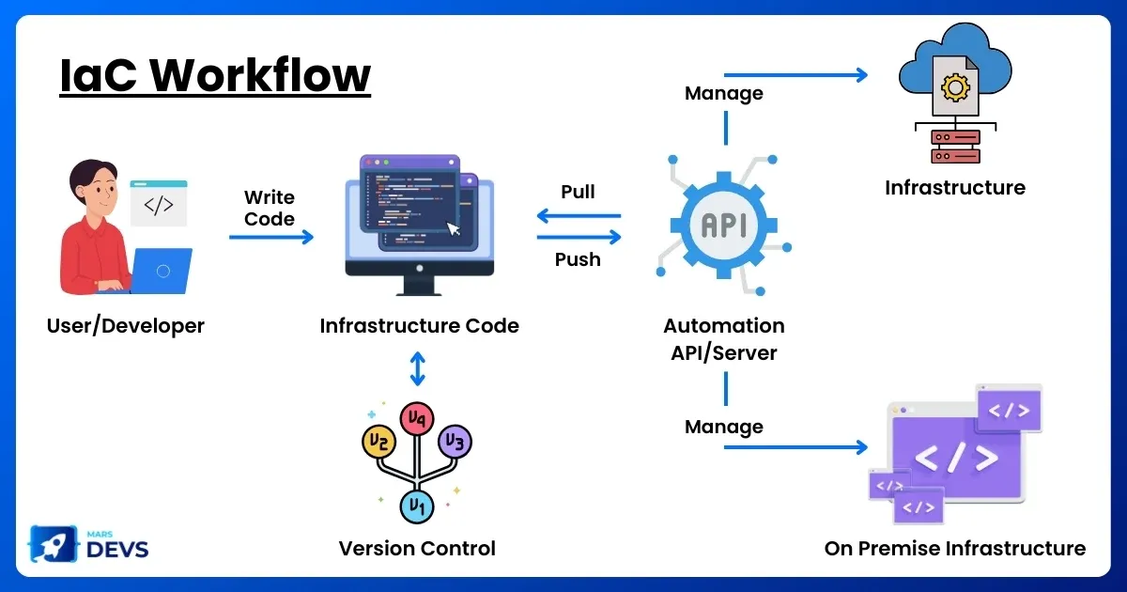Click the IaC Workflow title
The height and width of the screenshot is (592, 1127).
click(x=215, y=75)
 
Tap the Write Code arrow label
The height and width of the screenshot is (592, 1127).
click(x=270, y=208)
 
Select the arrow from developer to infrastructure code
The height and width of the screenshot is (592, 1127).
click(x=271, y=238)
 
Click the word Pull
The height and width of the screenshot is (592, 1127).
click(x=578, y=192)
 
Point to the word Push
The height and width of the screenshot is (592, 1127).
click(x=578, y=259)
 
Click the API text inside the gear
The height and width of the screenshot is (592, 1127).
click(x=724, y=226)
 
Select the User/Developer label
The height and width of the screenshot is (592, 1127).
click(x=125, y=326)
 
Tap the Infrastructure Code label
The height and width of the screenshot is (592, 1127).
click(x=419, y=326)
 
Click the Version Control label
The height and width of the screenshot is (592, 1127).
click(x=417, y=548)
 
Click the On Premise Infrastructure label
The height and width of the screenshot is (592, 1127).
click(x=954, y=548)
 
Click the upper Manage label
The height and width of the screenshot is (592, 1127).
click(x=723, y=93)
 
